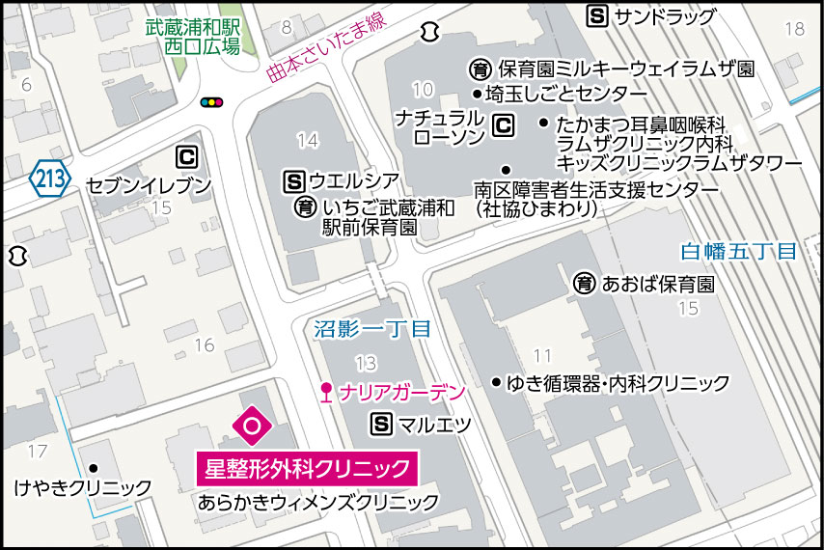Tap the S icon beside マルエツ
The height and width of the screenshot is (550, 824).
[382, 424]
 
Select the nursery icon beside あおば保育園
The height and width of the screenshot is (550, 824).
[585, 284]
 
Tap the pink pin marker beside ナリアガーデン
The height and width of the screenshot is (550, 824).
[326, 394]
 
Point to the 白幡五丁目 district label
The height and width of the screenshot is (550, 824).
[738, 252]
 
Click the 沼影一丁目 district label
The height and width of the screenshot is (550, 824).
[372, 328]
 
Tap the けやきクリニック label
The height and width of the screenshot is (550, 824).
[83, 488]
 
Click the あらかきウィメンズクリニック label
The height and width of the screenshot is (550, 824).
[318, 503]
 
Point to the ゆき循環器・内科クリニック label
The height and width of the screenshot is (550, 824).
[618, 383]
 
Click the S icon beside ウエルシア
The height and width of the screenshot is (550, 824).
[294, 179]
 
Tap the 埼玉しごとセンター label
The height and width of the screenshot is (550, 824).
[566, 94]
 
